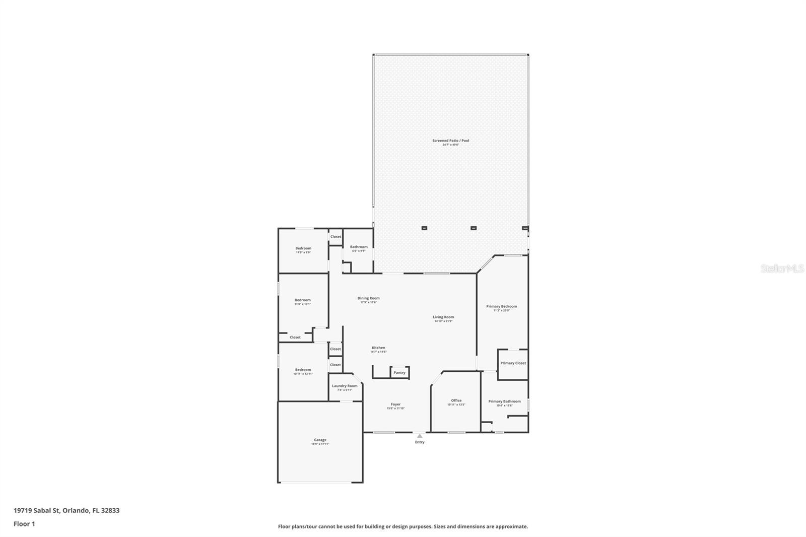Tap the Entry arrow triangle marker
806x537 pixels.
coord(420,436)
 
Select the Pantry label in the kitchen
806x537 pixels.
coord(399,373)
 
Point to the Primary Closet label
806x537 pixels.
coord(513,363)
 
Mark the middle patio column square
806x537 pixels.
coord(474,228)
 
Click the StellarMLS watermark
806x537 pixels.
coord(782,268)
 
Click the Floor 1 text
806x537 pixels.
coord(24,524)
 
